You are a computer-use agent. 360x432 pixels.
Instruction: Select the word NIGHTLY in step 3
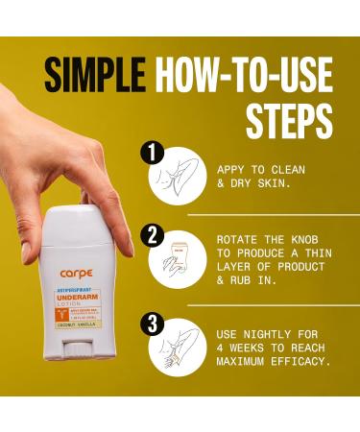tap(270, 333)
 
